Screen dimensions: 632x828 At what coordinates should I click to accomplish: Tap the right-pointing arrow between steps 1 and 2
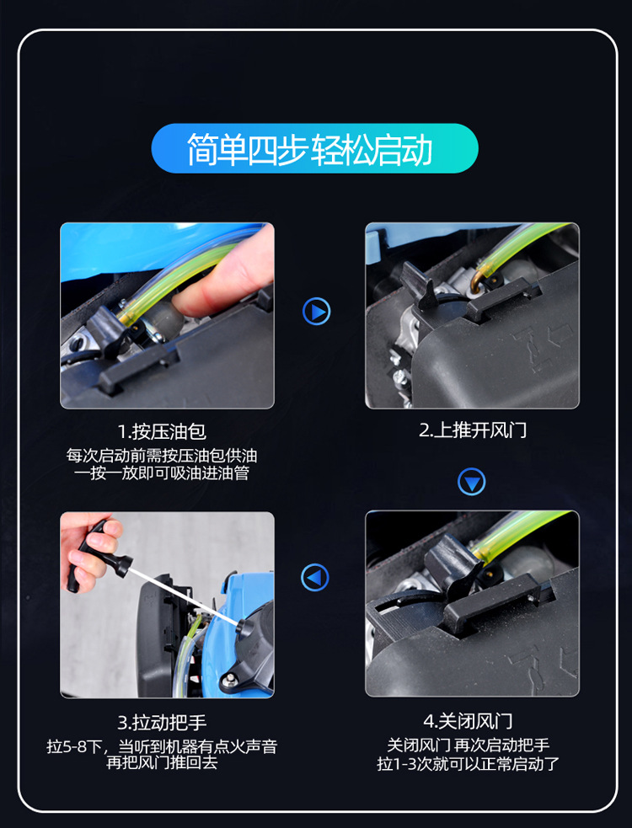coord(317,312)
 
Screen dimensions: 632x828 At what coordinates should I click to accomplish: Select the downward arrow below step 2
coord(471,482)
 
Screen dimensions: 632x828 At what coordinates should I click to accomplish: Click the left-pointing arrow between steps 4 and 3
coord(315,577)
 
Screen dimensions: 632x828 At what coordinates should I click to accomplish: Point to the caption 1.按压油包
coord(162,432)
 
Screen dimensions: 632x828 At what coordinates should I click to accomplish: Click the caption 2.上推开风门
coord(473,430)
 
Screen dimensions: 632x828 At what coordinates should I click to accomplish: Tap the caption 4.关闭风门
coord(468,721)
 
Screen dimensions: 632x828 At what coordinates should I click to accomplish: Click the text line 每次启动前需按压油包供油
coord(162,456)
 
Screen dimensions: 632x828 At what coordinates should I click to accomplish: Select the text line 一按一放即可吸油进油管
coord(162,473)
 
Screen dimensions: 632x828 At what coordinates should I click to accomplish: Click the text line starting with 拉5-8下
coord(162,746)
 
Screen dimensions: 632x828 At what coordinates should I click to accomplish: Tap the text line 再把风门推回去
coord(162,763)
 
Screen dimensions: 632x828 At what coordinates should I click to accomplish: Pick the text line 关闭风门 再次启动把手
coord(468,745)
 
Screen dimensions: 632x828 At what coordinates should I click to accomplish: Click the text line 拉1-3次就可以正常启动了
coord(468,764)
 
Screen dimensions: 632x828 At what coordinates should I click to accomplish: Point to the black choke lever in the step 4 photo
coord(453,568)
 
